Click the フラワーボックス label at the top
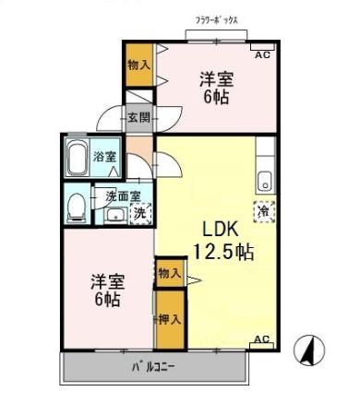tap(219, 19)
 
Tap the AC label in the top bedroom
tap(262, 55)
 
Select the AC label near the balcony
tap(261, 339)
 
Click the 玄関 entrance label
tap(138, 117)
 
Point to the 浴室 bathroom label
tap(105, 158)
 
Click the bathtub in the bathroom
tap(77, 159)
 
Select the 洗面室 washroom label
tap(122, 196)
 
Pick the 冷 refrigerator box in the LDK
tap(264, 211)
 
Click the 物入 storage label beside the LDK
tap(169, 274)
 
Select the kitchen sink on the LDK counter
tap(266, 178)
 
